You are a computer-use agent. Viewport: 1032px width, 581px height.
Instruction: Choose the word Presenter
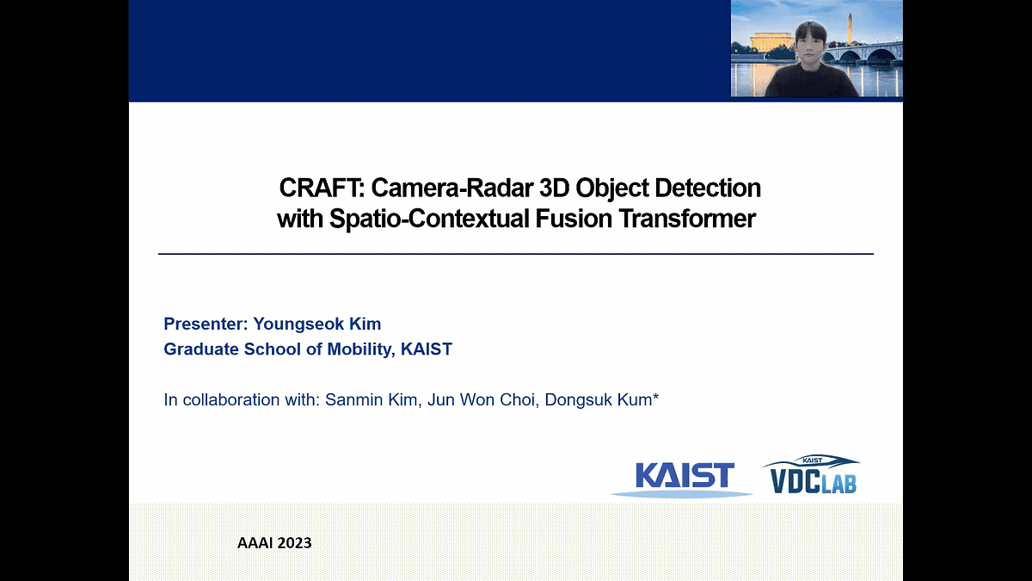click(205, 324)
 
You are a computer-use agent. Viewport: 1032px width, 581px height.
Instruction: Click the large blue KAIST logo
click(684, 476)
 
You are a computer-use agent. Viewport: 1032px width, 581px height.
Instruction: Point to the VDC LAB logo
click(809, 475)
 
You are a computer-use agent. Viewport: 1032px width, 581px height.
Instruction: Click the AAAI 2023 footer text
click(274, 543)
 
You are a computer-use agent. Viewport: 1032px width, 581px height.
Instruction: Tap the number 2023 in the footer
click(294, 543)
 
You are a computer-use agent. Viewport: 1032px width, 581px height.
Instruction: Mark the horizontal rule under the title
click(516, 254)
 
